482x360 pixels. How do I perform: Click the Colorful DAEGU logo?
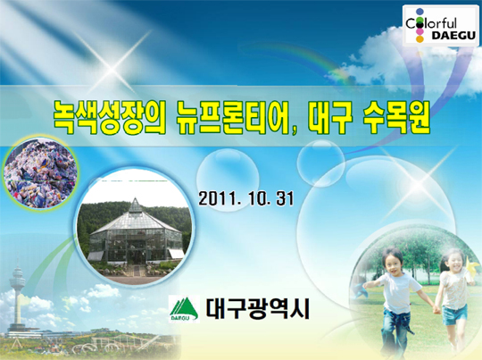click(441, 26)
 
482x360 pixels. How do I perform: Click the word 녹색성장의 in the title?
click(109, 117)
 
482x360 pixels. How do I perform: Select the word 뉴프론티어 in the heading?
click(232, 117)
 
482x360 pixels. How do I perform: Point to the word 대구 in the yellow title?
click(328, 117)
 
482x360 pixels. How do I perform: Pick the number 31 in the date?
click(285, 198)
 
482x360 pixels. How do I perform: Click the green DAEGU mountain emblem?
click(184, 309)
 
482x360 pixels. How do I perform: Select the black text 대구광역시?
click(258, 308)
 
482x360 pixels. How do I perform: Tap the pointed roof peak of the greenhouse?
click(135, 199)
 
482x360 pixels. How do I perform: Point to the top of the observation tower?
click(17, 262)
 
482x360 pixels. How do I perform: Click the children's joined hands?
click(436, 309)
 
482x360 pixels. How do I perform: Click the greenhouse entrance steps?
click(136, 271)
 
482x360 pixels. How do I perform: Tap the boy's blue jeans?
click(396, 331)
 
